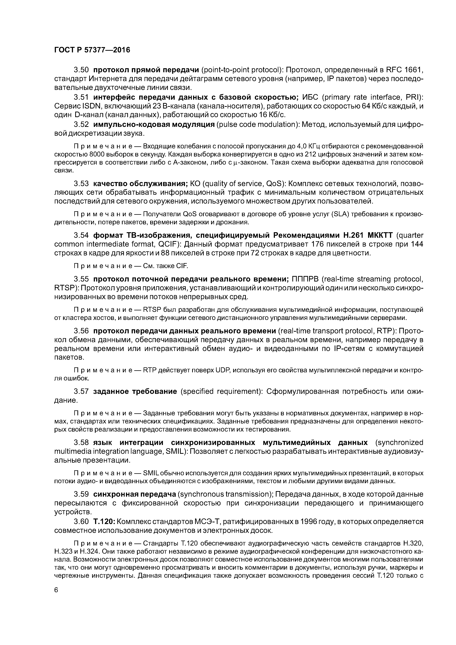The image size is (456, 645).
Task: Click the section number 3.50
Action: click(x=81, y=70)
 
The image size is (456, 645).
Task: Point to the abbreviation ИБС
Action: click(x=310, y=97)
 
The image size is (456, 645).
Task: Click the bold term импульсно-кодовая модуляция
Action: click(x=154, y=124)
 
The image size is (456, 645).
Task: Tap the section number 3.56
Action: click(x=81, y=331)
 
